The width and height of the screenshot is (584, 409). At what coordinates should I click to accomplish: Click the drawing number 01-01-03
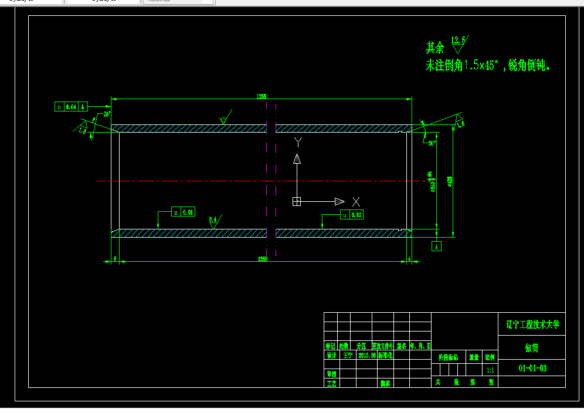coord(532,369)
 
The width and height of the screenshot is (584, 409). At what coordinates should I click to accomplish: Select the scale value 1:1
coord(490,370)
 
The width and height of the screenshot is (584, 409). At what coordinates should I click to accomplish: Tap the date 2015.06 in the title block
coord(366,356)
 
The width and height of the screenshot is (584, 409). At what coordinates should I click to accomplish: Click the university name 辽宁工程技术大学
coord(532,324)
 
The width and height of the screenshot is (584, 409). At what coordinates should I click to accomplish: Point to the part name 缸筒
coord(531,348)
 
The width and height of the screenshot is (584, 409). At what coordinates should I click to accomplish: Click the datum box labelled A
coord(436,246)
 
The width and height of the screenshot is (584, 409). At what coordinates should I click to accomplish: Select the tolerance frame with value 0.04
coord(71,107)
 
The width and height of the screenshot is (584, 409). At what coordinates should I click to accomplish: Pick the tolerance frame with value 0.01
coord(184,212)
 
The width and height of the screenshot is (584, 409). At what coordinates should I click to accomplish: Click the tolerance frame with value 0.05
coord(351,215)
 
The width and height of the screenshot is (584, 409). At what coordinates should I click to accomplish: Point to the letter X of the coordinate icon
coord(356,202)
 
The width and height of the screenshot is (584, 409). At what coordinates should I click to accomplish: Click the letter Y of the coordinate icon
coord(297,141)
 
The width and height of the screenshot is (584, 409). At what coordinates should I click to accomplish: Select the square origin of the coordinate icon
coord(297,202)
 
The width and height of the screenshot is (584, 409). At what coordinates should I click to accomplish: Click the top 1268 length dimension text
coord(262,96)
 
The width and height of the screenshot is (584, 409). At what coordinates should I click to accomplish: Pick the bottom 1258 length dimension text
coord(262,258)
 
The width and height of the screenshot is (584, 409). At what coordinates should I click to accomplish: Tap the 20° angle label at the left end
coord(106,114)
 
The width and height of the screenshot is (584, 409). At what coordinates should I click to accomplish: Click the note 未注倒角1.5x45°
coord(463,66)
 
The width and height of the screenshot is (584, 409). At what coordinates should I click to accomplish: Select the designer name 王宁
coord(348,356)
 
